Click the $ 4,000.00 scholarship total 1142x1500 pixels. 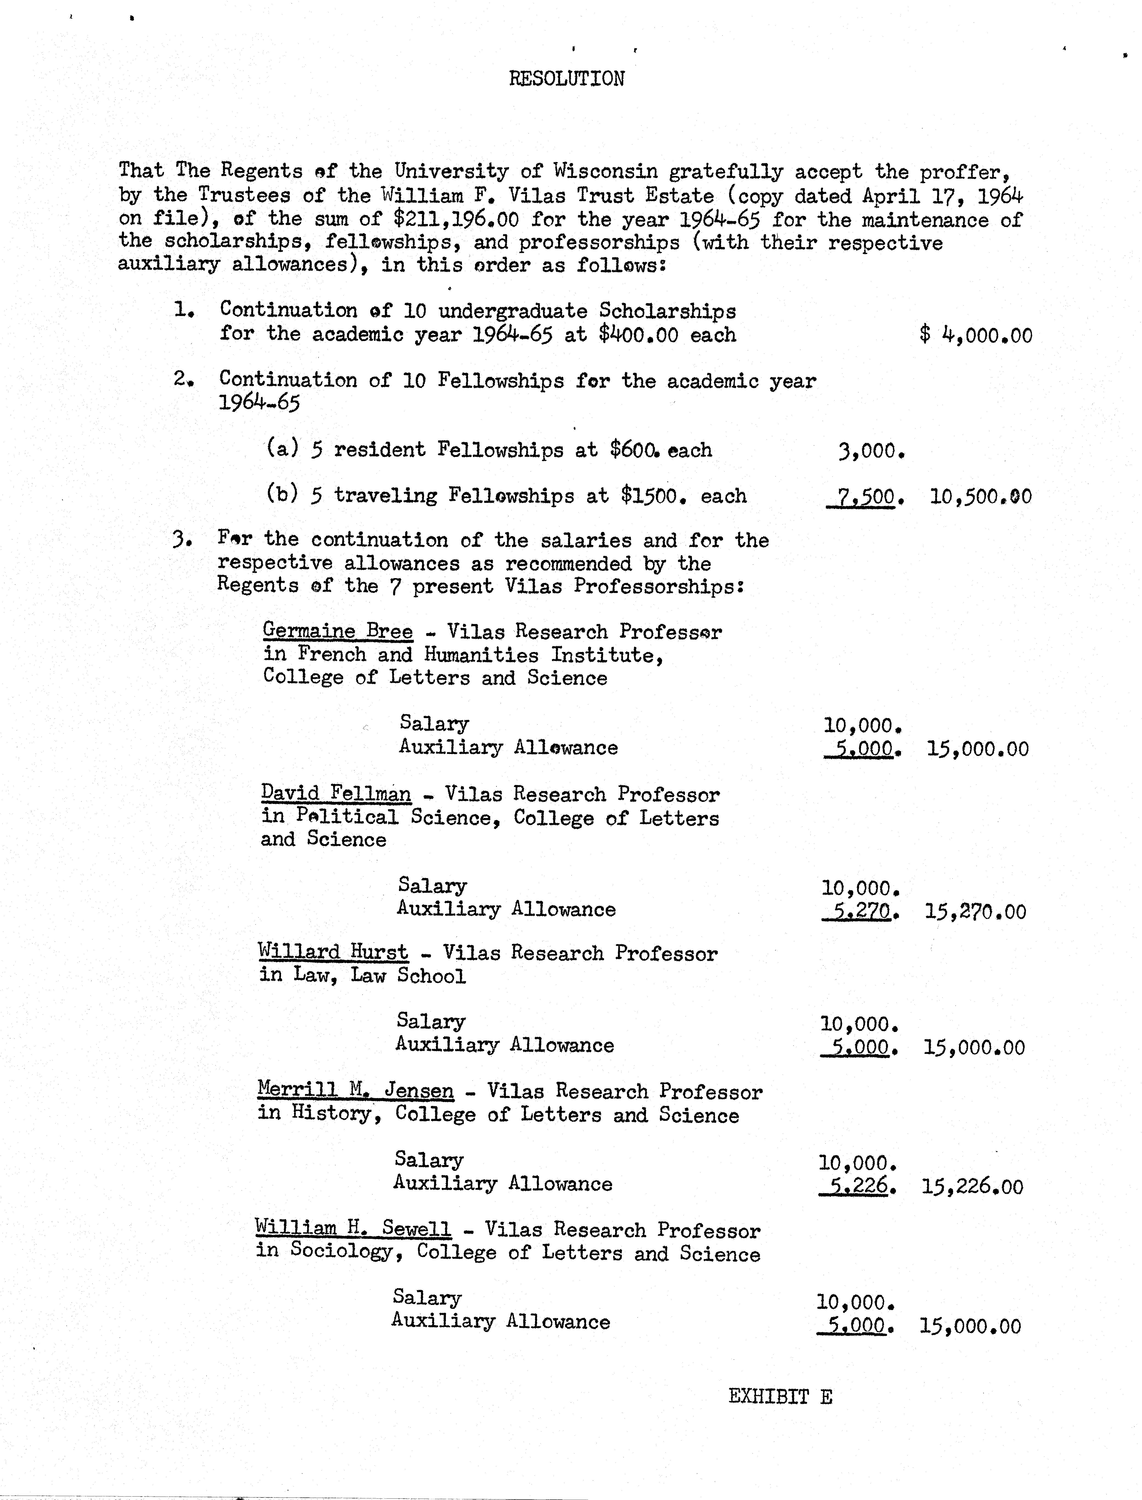click(x=975, y=335)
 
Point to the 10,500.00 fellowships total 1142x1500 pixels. click(x=980, y=496)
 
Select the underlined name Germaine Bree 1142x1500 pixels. click(x=337, y=631)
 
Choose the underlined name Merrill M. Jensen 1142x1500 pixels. click(x=355, y=1091)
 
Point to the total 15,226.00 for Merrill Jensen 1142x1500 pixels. click(x=972, y=1187)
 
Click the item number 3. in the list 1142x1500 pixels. click(x=183, y=540)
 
